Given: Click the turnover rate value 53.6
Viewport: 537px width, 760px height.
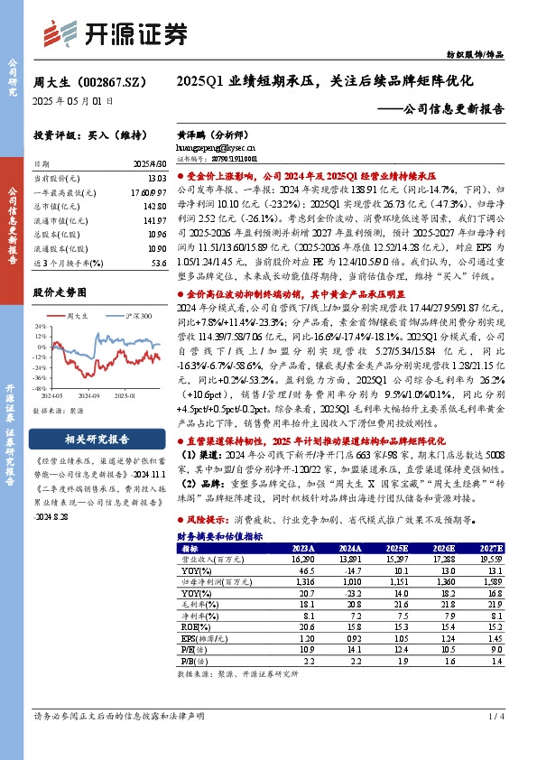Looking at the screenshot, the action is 159,263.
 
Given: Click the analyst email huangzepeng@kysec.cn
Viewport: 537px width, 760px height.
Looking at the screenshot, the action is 216,144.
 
